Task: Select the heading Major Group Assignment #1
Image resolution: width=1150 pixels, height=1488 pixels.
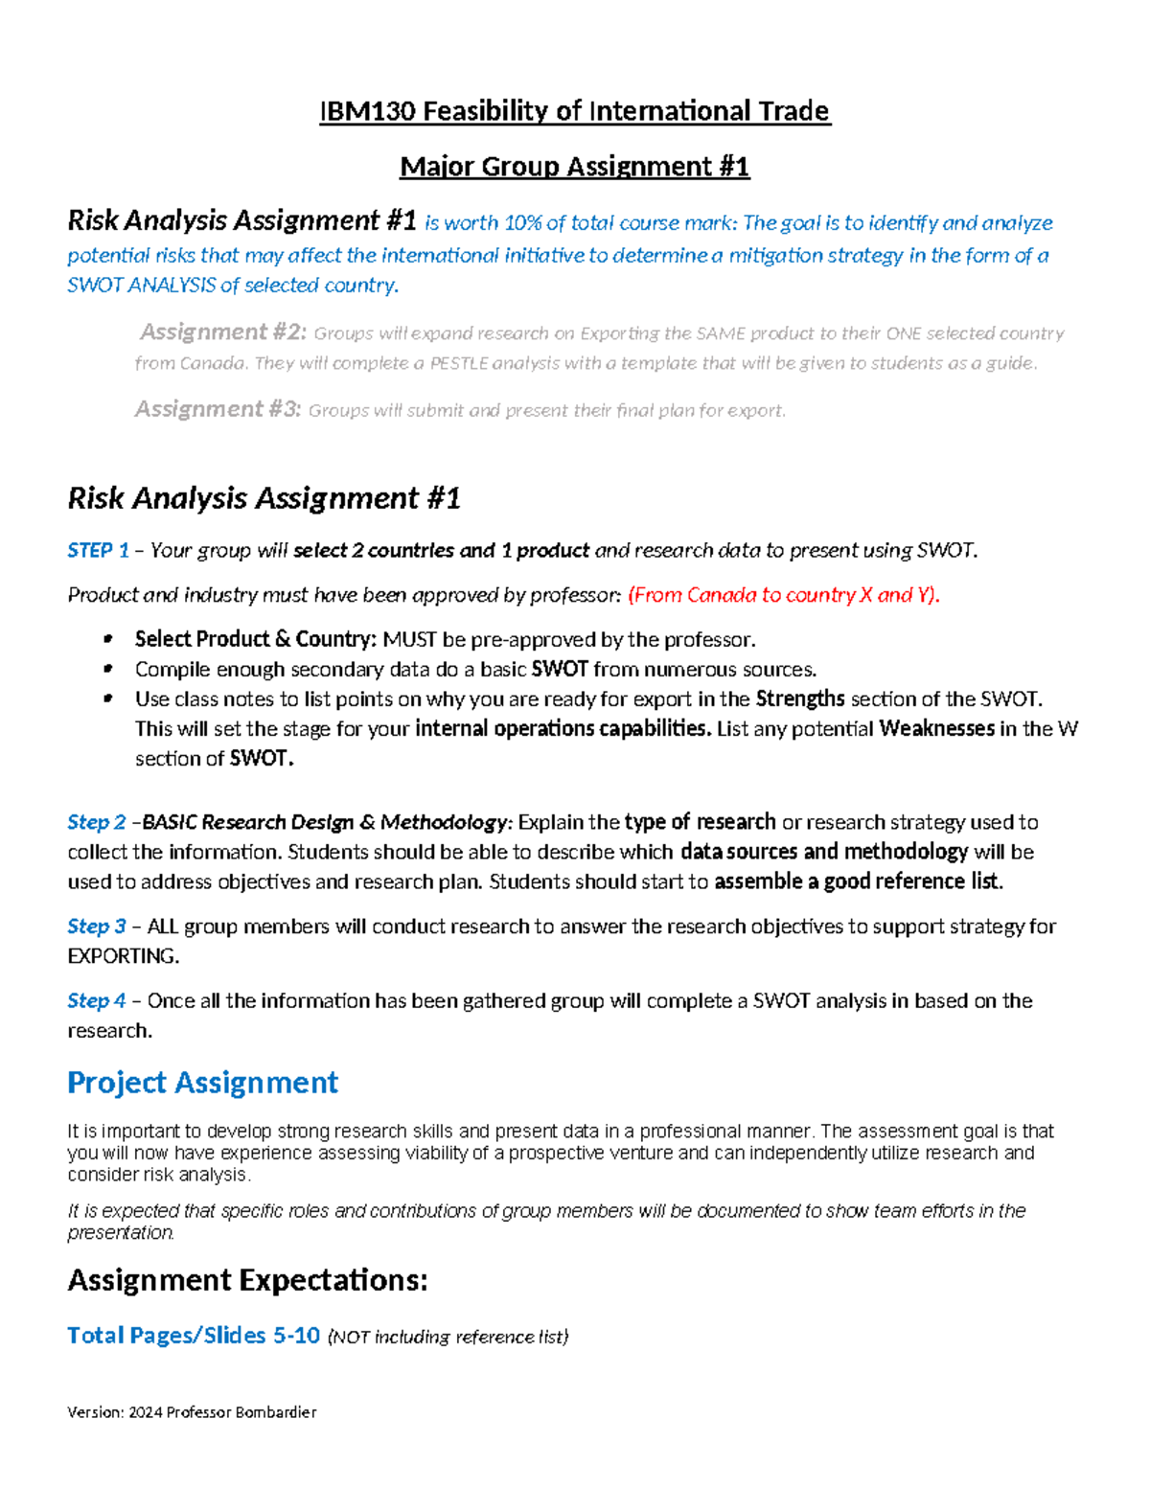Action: pyautogui.click(x=574, y=167)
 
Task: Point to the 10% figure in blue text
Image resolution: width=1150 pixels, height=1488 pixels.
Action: pyautogui.click(x=522, y=223)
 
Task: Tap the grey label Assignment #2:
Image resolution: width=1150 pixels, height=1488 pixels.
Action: pyautogui.click(x=223, y=332)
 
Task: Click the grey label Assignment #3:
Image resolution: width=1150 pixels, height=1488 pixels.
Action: pyautogui.click(x=218, y=409)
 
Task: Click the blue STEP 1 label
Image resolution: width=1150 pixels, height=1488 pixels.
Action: pyautogui.click(x=98, y=550)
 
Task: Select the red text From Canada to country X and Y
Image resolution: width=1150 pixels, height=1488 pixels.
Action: pyautogui.click(x=783, y=595)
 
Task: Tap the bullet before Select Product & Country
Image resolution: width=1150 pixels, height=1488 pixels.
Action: pyautogui.click(x=108, y=638)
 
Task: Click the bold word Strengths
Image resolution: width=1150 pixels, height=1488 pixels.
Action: pyautogui.click(x=800, y=698)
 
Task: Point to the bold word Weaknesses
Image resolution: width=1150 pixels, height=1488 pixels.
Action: pyautogui.click(x=936, y=728)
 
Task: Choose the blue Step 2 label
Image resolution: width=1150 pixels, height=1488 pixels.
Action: pyautogui.click(x=96, y=822)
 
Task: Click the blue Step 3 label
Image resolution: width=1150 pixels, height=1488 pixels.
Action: pyautogui.click(x=96, y=926)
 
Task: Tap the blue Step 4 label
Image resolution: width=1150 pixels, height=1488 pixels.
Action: pyautogui.click(x=96, y=1000)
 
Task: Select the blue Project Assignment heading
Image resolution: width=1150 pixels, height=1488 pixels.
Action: pyautogui.click(x=202, y=1083)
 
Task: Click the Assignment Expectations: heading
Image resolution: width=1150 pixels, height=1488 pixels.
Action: pyautogui.click(x=247, y=1280)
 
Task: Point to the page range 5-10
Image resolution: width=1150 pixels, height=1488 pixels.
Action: pyautogui.click(x=296, y=1335)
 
